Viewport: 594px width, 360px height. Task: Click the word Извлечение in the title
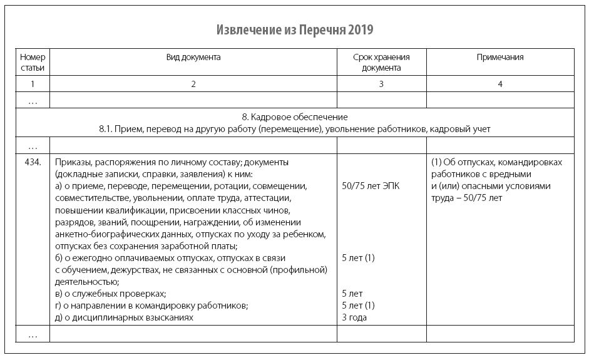(243, 30)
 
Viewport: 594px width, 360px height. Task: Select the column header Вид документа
(193, 58)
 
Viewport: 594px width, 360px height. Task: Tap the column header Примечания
(499, 58)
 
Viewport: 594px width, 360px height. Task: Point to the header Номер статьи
(33, 63)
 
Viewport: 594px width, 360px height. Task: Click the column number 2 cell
(193, 84)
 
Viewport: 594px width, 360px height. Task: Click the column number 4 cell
(499, 84)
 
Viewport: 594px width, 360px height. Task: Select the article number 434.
(33, 162)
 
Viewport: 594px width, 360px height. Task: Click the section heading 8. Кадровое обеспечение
(294, 117)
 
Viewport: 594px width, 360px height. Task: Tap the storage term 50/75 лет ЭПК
(371, 186)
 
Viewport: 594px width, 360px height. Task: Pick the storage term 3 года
(354, 317)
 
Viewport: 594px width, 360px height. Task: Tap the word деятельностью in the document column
(85, 282)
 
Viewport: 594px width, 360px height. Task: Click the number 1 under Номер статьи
(33, 84)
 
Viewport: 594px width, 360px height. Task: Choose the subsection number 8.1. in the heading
(108, 129)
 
